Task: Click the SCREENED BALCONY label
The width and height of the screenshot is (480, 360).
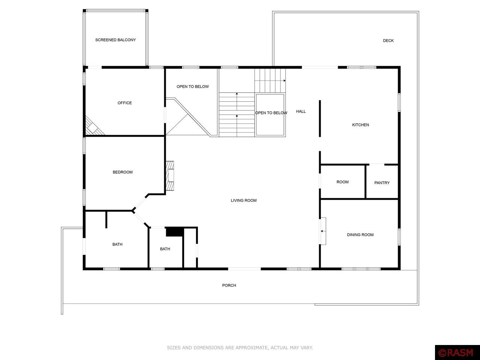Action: click(x=115, y=40)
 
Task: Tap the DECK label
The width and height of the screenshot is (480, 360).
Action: click(x=388, y=40)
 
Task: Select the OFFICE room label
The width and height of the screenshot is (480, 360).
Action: click(x=124, y=103)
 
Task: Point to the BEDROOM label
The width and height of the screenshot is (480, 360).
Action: click(x=123, y=172)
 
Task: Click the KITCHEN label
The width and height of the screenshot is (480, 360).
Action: click(x=360, y=125)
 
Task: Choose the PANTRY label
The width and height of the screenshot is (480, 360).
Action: click(x=382, y=183)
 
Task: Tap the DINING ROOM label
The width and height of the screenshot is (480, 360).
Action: click(x=360, y=235)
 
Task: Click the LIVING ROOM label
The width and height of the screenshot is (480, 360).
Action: click(x=244, y=201)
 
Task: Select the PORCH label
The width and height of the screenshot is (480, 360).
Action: click(x=229, y=285)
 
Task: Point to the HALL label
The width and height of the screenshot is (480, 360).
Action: click(x=301, y=111)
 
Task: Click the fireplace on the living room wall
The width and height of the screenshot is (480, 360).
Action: click(x=170, y=176)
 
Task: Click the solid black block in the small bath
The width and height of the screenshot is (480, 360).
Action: click(x=174, y=232)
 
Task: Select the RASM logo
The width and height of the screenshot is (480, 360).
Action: click(x=457, y=353)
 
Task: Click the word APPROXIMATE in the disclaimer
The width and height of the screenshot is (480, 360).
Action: click(x=246, y=348)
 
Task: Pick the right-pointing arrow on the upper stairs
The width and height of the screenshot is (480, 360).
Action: click(x=284, y=81)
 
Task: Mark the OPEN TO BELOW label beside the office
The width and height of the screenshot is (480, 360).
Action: click(x=193, y=87)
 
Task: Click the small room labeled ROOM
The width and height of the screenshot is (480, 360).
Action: click(x=342, y=182)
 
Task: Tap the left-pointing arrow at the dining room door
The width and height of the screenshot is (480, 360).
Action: click(x=322, y=231)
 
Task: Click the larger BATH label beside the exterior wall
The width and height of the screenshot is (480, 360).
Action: click(x=117, y=244)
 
